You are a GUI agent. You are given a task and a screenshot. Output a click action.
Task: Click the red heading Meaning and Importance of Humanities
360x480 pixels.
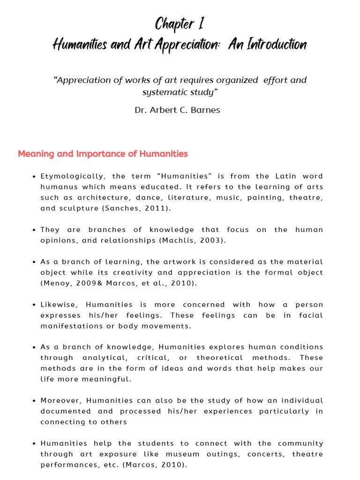pyautogui.click(x=103, y=154)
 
